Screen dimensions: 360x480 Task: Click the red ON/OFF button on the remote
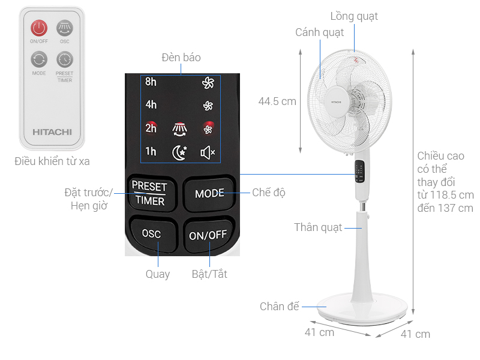point(39,28)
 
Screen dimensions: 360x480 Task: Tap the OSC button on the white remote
point(64,28)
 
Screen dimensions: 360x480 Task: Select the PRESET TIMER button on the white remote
point(64,59)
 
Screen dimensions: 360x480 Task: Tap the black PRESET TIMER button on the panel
point(150,193)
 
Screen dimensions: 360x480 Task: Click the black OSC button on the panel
point(151,234)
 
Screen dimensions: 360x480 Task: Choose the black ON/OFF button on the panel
point(208,235)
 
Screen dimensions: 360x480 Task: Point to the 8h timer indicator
point(151,82)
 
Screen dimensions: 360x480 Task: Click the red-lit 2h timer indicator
point(151,128)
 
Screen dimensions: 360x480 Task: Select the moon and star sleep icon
point(179,152)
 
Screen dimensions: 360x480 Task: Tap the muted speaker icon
point(208,152)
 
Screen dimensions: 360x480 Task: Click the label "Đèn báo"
point(181,58)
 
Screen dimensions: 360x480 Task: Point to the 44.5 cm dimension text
point(277,101)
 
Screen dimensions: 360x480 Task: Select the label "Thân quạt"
point(318,227)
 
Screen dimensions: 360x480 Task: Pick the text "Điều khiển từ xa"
point(52,161)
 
